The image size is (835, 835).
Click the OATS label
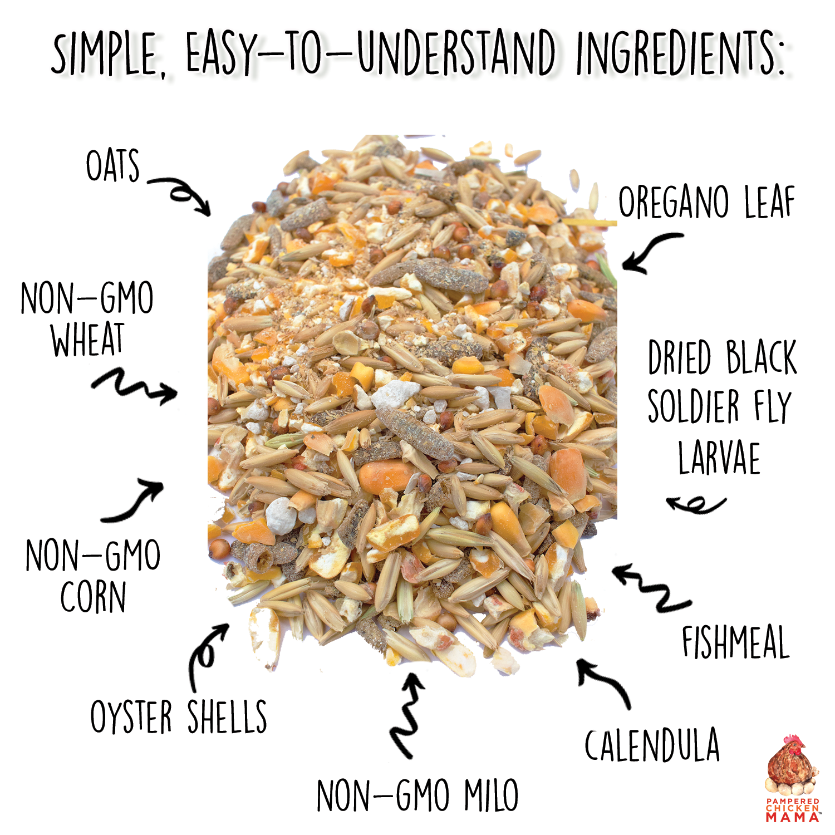[112, 165]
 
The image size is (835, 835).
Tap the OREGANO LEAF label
[706, 203]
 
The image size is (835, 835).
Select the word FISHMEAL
[735, 642]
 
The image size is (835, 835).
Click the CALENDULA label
[652, 745]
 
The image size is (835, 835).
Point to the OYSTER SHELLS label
[179, 716]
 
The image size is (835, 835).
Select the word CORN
[93, 597]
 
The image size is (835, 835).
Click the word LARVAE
[719, 458]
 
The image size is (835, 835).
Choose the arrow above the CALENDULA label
[604, 682]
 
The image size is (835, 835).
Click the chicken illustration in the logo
[792, 765]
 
